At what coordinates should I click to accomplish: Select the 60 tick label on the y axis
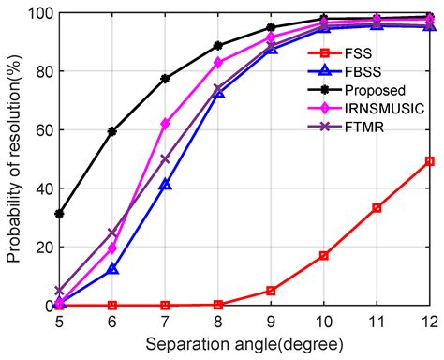tap(41, 130)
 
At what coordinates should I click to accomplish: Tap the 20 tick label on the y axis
tap(41, 247)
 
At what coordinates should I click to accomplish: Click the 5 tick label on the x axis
tap(59, 322)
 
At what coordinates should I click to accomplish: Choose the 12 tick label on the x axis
tap(429, 322)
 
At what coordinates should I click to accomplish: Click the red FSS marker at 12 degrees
tap(430, 161)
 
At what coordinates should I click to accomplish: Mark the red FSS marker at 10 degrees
tap(324, 255)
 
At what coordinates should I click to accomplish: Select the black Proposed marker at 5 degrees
tap(59, 214)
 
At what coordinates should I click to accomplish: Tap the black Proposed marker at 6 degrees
tap(112, 131)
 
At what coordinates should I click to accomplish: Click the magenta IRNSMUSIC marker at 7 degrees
tap(165, 124)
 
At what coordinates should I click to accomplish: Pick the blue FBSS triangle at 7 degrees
tap(165, 185)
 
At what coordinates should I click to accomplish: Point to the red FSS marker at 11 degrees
tap(377, 208)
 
